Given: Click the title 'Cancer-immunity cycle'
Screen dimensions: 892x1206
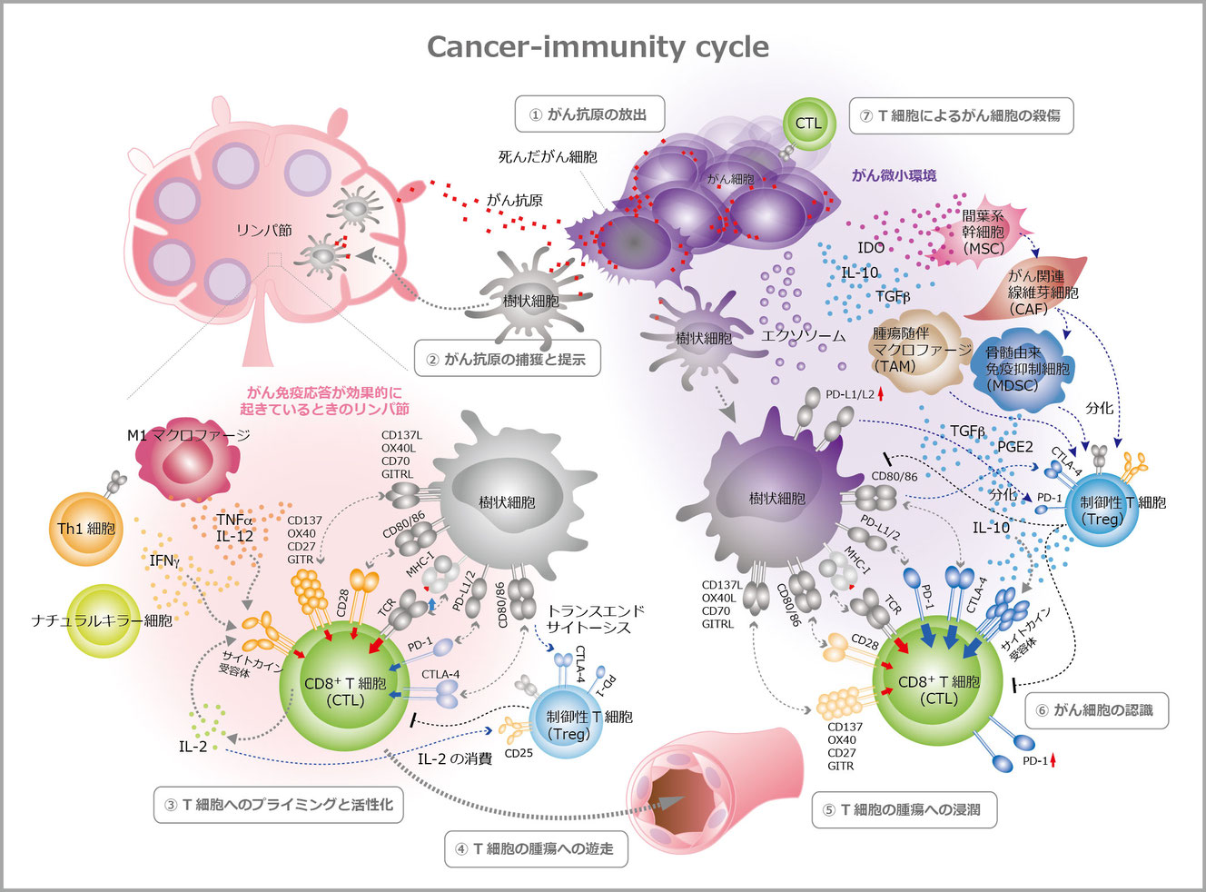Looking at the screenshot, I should pyautogui.click(x=598, y=47).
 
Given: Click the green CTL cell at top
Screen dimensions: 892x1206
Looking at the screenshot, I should pyautogui.click(x=807, y=124).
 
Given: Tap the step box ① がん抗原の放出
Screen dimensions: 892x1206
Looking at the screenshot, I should pyautogui.click(x=589, y=114).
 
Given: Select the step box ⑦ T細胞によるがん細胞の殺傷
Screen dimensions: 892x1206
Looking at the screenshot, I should pyautogui.click(x=961, y=115).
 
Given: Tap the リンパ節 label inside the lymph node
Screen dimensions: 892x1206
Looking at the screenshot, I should pyautogui.click(x=263, y=231).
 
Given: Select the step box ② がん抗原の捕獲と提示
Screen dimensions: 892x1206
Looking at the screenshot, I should pyautogui.click(x=507, y=359).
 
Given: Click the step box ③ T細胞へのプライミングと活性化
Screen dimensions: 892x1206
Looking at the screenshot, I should pyautogui.click(x=279, y=804).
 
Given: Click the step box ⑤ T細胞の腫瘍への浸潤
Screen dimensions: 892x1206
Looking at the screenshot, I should pyautogui.click(x=904, y=809).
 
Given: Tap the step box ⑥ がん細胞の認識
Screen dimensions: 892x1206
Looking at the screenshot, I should pyautogui.click(x=1096, y=709).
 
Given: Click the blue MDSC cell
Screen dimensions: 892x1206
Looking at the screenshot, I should pyautogui.click(x=1026, y=368).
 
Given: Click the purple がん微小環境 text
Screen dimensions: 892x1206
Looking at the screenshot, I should pyautogui.click(x=894, y=175).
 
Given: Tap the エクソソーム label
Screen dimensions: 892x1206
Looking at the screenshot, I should pyautogui.click(x=803, y=335).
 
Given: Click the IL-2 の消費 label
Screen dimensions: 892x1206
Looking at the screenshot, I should pyautogui.click(x=455, y=758).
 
